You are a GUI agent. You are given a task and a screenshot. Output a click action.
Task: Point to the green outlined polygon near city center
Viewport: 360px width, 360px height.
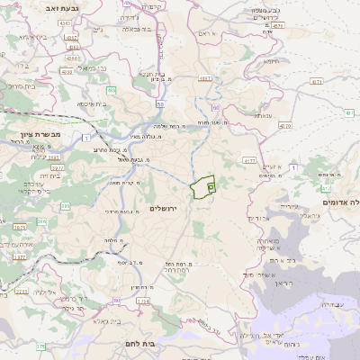coord(203,187)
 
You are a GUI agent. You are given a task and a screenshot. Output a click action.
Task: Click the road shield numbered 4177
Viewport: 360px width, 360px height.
coord(249,160)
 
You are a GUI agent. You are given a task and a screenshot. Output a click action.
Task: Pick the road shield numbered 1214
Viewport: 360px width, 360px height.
coord(143,301)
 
